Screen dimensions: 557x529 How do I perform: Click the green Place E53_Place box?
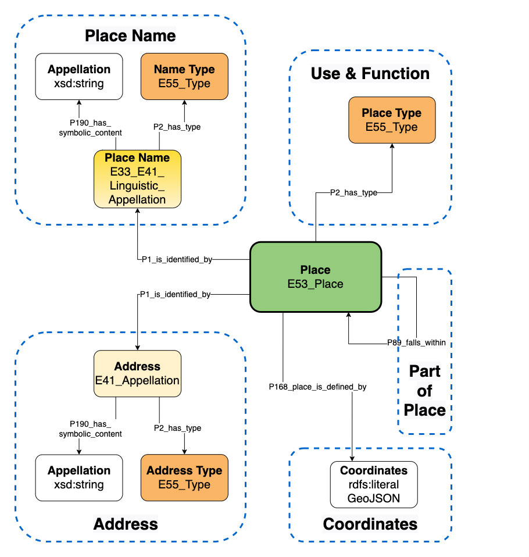(x=316, y=277)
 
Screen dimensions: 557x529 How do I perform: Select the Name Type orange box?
(x=184, y=76)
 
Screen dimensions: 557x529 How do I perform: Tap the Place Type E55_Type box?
(x=392, y=120)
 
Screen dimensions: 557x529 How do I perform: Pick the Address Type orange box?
(x=184, y=477)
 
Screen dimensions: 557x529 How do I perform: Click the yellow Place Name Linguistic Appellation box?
(x=137, y=178)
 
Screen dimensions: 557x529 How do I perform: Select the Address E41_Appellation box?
(x=137, y=374)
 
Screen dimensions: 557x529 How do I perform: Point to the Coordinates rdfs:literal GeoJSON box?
(x=374, y=484)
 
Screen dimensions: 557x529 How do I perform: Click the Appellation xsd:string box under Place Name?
(x=79, y=76)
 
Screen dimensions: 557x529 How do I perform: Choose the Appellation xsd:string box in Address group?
(x=79, y=477)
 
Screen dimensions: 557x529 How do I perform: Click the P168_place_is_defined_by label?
(x=317, y=386)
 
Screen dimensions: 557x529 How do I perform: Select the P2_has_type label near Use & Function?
(x=353, y=193)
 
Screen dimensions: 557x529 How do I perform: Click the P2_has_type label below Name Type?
(x=177, y=127)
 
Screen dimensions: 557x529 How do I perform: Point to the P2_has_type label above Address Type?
(x=177, y=428)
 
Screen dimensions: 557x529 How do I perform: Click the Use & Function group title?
(x=370, y=74)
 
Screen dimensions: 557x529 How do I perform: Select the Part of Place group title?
(x=424, y=390)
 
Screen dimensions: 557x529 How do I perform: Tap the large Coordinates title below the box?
(x=370, y=524)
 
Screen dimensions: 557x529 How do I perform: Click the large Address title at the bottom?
(x=126, y=524)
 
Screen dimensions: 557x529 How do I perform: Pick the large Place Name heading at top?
(x=130, y=35)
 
